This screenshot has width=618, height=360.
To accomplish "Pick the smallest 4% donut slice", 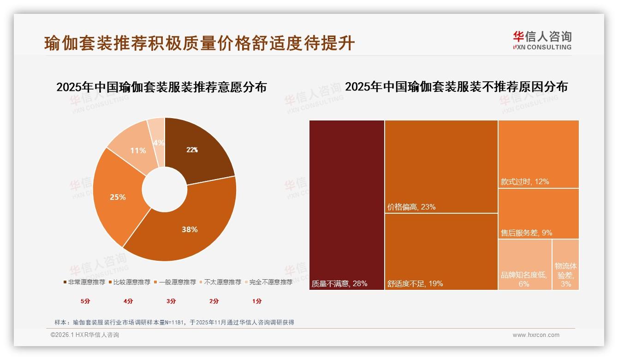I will pos(157,134).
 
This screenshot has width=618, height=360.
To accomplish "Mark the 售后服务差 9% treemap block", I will pos(538,213).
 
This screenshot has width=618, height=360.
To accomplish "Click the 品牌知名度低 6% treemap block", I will pos(524,264).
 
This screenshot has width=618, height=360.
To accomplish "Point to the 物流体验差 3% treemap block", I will pos(565,264).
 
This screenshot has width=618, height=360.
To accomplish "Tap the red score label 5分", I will pos(85,301).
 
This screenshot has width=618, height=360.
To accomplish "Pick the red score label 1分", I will pos(257,301).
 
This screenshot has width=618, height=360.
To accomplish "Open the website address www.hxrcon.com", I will pos(536,335).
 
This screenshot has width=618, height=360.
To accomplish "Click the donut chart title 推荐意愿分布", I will pos(161,87).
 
